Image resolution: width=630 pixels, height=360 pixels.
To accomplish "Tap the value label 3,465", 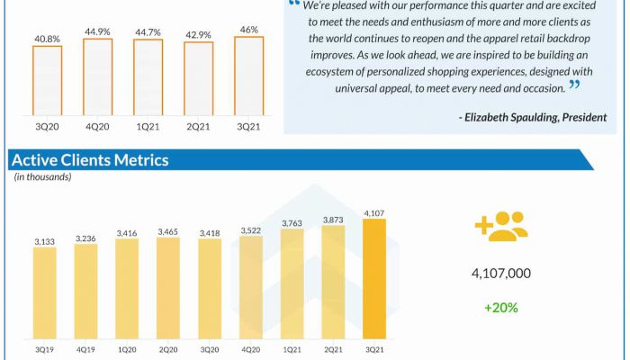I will tap(168, 232).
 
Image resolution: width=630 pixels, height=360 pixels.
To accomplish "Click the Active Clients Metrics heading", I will tap(89, 160).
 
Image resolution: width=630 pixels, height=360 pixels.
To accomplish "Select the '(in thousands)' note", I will tap(43, 177).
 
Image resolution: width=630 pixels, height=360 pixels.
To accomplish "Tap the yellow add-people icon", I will tap(500, 228).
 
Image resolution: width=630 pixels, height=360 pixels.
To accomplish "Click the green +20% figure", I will tap(500, 307).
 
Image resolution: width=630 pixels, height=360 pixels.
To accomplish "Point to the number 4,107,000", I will tap(500, 274).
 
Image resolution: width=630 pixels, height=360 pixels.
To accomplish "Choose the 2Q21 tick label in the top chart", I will tap(198, 126).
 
